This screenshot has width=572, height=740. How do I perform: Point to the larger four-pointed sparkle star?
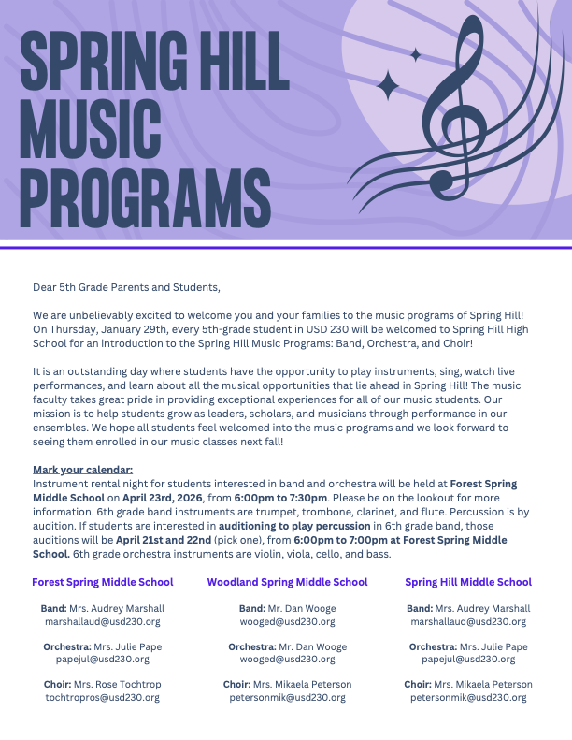tap(387, 85)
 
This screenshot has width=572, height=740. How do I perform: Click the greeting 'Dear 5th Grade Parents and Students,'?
tap(126, 287)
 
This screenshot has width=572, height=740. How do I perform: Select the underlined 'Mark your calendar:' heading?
tap(82, 469)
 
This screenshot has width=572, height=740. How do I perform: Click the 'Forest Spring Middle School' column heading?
tap(103, 582)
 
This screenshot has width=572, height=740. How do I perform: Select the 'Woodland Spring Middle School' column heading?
tap(287, 582)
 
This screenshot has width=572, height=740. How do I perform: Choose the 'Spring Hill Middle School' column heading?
tap(468, 582)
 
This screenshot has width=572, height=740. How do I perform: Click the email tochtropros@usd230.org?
tap(103, 697)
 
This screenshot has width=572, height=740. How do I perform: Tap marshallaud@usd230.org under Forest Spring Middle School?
tap(103, 621)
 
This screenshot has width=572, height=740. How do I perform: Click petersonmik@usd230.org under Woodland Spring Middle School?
tap(287, 697)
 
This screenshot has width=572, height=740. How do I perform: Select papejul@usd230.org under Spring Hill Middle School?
tap(468, 660)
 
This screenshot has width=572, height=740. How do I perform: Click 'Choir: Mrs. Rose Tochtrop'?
tap(103, 685)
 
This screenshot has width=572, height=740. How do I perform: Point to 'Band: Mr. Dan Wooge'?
tap(287, 609)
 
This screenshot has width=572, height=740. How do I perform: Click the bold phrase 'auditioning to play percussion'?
tap(288, 526)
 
